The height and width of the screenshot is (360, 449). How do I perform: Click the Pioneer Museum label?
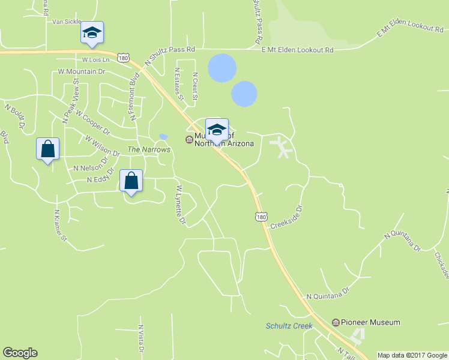coord(370,322)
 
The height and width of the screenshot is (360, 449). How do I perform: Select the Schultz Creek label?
coord(289,326)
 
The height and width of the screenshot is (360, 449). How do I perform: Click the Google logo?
coord(20,353)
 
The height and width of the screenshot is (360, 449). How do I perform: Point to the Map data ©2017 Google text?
coord(412,355)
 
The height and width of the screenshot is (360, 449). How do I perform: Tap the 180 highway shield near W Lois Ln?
coord(124,58)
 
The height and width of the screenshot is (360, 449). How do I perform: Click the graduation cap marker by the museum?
coord(217,130)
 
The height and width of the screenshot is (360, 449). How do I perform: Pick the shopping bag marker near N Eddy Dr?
coord(131,181)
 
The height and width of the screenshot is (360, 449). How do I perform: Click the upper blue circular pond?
coord(221,68)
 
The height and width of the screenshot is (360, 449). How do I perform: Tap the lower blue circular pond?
coord(244,94)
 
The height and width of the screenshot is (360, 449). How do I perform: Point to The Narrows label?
coord(149,149)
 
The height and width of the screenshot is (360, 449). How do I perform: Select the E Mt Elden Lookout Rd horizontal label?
coord(297,50)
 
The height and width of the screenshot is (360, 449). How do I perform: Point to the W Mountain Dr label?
coord(82,71)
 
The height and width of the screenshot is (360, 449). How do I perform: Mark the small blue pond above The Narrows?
coord(163,137)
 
